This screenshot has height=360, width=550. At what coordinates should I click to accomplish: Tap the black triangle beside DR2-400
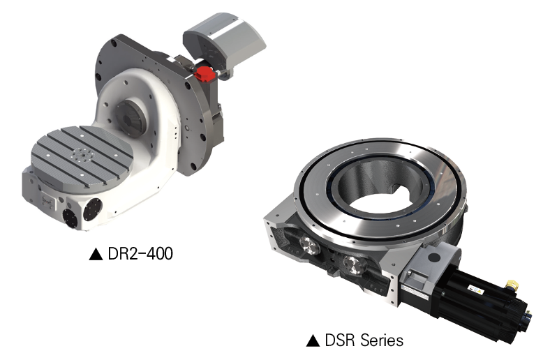[96, 254]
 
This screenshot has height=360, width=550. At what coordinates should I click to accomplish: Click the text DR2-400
[140, 253]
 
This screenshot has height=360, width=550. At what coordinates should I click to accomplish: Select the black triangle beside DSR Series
[313, 340]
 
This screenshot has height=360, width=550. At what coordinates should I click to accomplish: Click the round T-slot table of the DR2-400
[82, 155]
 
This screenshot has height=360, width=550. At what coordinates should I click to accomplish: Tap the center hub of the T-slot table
[82, 155]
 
